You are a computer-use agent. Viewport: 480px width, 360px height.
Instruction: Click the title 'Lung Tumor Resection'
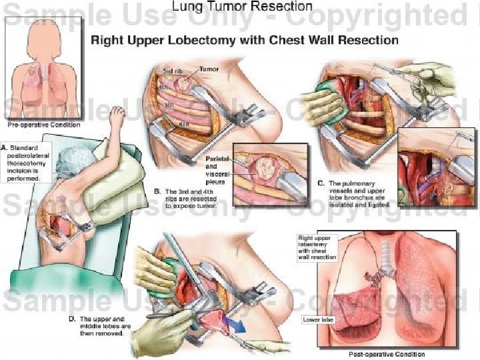[x=241, y=7]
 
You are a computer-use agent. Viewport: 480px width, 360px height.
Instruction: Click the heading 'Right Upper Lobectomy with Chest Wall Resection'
[x=244, y=39]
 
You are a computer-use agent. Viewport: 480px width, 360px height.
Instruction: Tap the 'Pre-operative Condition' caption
[x=43, y=125]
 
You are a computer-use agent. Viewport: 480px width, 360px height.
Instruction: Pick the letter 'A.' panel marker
[x=5, y=146]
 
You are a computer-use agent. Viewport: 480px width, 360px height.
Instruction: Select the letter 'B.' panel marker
[x=157, y=191]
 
